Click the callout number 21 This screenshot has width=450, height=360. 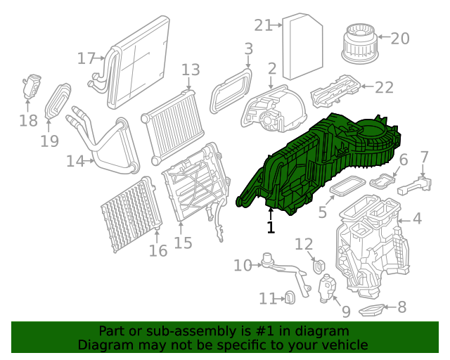point(263,25)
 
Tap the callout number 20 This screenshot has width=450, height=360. point(399,39)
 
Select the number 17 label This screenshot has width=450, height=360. point(86,58)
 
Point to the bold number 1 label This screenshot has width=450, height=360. point(271,227)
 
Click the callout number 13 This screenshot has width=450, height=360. point(191,70)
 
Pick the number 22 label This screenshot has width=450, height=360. point(384,87)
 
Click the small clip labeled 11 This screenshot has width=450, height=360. point(288,299)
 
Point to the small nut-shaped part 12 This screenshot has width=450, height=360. point(318,266)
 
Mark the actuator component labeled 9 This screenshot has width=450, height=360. point(328,288)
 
